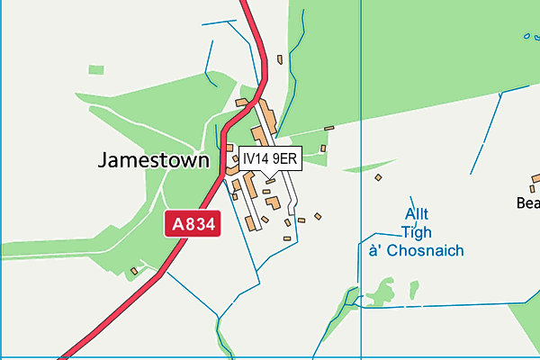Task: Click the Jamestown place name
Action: pos(153,161)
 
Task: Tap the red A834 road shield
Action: pos(192,224)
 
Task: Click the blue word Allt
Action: pos(416,214)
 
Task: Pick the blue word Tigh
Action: pos(416,232)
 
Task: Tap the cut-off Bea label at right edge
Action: pos(527,204)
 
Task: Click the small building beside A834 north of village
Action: pos(280,60)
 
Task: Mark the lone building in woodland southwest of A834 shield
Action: pos(134,270)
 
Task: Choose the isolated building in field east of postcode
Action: pos(379,177)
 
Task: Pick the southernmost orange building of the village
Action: pos(287,238)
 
